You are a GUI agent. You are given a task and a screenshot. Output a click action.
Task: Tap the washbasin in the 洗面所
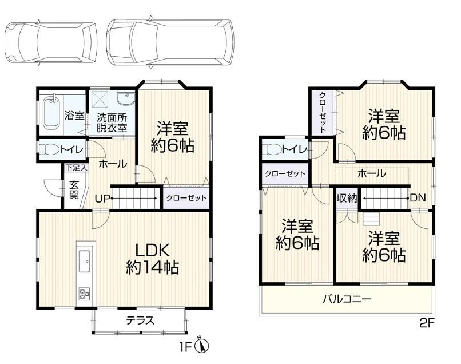125,98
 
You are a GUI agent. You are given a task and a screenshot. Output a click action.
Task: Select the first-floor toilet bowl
49,150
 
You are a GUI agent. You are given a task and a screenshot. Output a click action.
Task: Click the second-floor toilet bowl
272,150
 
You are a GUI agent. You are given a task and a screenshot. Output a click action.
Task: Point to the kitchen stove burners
85,294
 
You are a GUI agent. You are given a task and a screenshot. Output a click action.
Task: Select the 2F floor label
427,324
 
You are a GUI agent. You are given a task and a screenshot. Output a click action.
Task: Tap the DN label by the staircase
418,198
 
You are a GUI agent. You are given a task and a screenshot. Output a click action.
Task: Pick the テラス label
140,320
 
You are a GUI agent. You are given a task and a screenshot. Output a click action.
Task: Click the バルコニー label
347,299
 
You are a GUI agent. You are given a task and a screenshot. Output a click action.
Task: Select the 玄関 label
74,190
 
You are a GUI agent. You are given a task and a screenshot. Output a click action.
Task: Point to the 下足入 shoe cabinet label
76,168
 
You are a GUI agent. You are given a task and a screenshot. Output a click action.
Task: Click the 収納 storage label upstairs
347,199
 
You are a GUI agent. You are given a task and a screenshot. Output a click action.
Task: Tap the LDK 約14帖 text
152,259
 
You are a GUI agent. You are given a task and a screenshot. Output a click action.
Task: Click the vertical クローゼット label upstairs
323,113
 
